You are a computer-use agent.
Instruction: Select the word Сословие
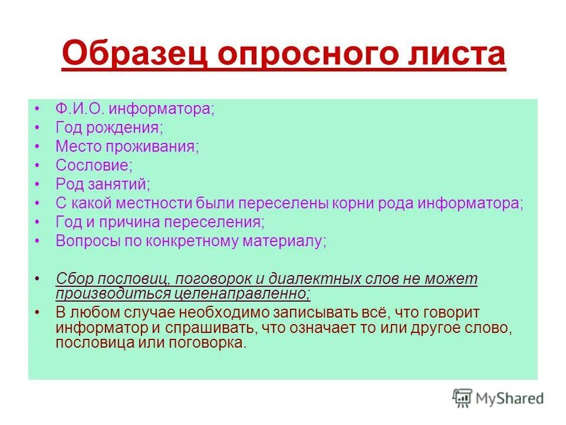(x=94, y=166)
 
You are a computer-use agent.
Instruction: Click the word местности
(x=156, y=203)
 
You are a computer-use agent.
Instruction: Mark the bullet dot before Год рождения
(x=37, y=128)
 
